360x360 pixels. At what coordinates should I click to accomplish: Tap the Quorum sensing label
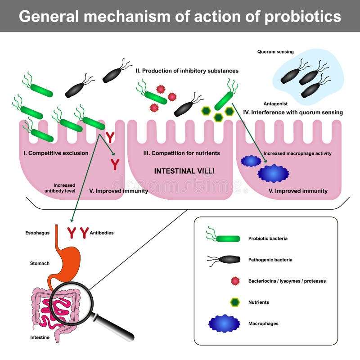[x=275, y=52]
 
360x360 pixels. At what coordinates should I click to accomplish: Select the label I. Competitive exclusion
[x=56, y=153]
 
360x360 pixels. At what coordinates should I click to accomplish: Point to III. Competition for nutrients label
[x=181, y=153]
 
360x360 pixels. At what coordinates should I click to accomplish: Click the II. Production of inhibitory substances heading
[x=187, y=71]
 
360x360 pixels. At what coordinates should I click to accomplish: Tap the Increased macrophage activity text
[x=297, y=153]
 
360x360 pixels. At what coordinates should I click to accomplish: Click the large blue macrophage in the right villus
[x=273, y=173]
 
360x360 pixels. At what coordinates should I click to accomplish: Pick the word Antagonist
[x=275, y=104]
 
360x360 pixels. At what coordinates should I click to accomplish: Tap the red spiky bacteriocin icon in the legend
[x=234, y=281]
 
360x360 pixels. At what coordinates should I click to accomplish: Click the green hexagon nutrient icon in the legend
[x=234, y=302]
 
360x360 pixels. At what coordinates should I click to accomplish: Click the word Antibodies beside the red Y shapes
[x=101, y=233]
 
